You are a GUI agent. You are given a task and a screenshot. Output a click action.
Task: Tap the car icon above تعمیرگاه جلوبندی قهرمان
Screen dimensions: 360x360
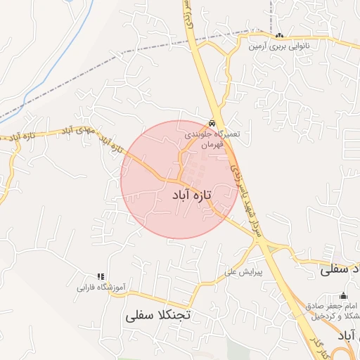coord(212,120)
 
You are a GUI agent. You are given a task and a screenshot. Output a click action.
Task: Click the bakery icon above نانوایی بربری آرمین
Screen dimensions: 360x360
coord(280,36)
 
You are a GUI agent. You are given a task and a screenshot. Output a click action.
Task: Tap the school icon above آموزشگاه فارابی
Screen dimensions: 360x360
coord(100,276)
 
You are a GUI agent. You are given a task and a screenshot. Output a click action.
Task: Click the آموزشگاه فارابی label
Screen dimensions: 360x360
coord(101,288)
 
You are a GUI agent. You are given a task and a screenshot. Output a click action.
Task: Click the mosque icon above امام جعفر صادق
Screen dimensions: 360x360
coord(343,295)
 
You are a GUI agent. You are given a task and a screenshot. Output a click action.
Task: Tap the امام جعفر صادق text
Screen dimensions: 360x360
coord(336,306)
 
